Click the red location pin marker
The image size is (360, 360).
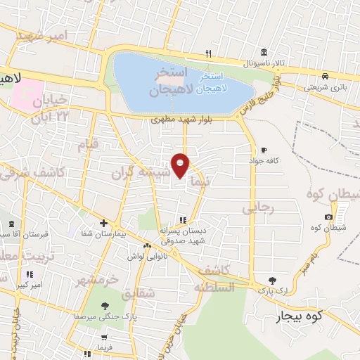(x=181, y=165)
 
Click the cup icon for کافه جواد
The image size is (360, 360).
(x=264, y=150)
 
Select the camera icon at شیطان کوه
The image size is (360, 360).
(x=328, y=217)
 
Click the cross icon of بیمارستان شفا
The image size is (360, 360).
(x=103, y=223)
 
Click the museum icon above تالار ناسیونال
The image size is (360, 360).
(x=264, y=53)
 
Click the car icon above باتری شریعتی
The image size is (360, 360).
(x=325, y=77)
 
